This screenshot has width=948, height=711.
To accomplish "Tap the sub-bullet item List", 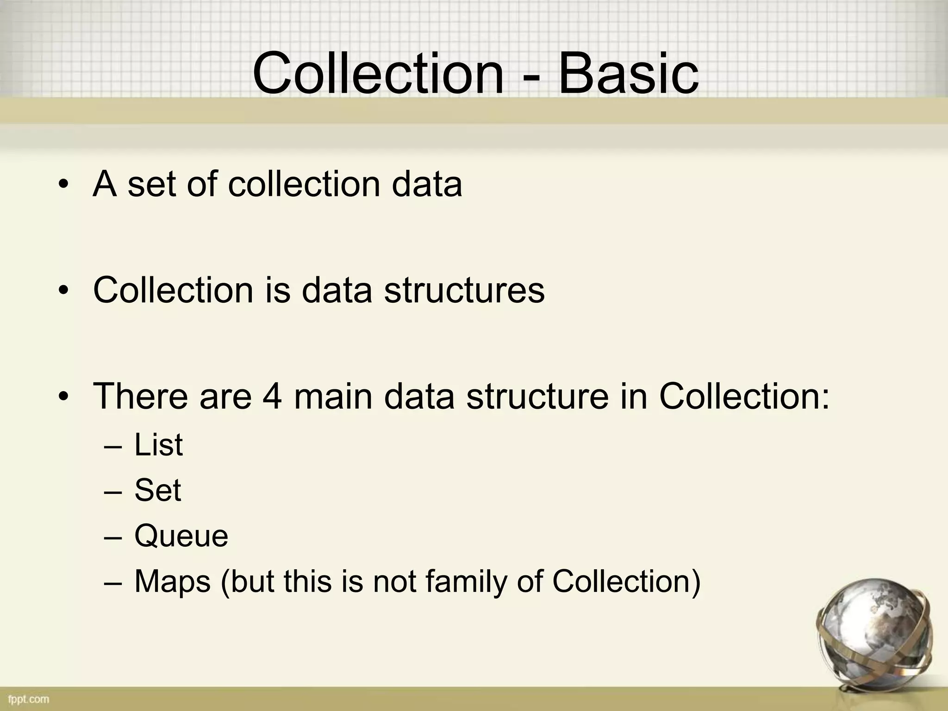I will (x=158, y=445).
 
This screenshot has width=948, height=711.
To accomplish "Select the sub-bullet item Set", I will (x=157, y=490).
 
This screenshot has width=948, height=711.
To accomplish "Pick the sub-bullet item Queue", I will (x=181, y=536).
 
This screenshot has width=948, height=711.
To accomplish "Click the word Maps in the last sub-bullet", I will (x=172, y=581).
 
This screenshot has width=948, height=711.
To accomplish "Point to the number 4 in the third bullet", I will (x=272, y=397).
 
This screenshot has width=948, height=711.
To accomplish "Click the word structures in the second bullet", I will (x=464, y=291).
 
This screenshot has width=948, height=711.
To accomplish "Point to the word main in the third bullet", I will (x=333, y=397).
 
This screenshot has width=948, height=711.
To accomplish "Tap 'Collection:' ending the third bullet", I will (x=744, y=397).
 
